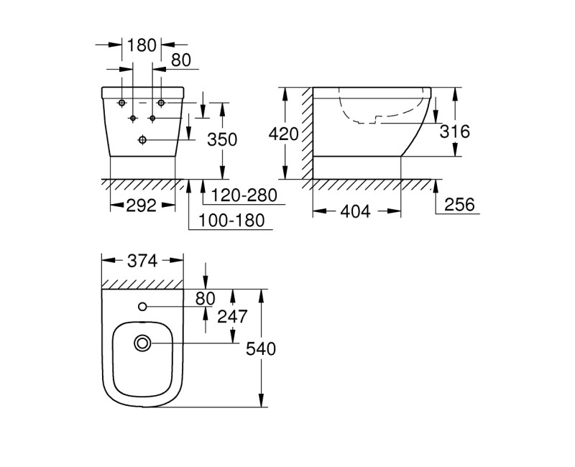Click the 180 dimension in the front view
point(142,45)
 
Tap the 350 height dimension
point(222,139)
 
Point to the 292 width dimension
point(142,206)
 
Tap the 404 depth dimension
point(356,211)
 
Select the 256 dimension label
point(459,205)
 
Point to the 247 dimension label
point(232,316)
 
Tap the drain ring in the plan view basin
point(142,345)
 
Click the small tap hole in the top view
point(142,308)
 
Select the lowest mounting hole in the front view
point(142,139)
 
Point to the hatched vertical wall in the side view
point(307,133)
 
